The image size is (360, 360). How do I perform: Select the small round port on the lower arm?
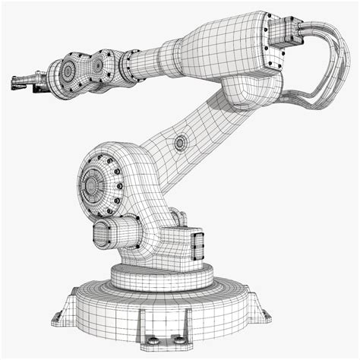(180, 142)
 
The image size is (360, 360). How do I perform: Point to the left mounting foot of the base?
(59, 317)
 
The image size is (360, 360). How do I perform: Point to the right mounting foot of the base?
(266, 311)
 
